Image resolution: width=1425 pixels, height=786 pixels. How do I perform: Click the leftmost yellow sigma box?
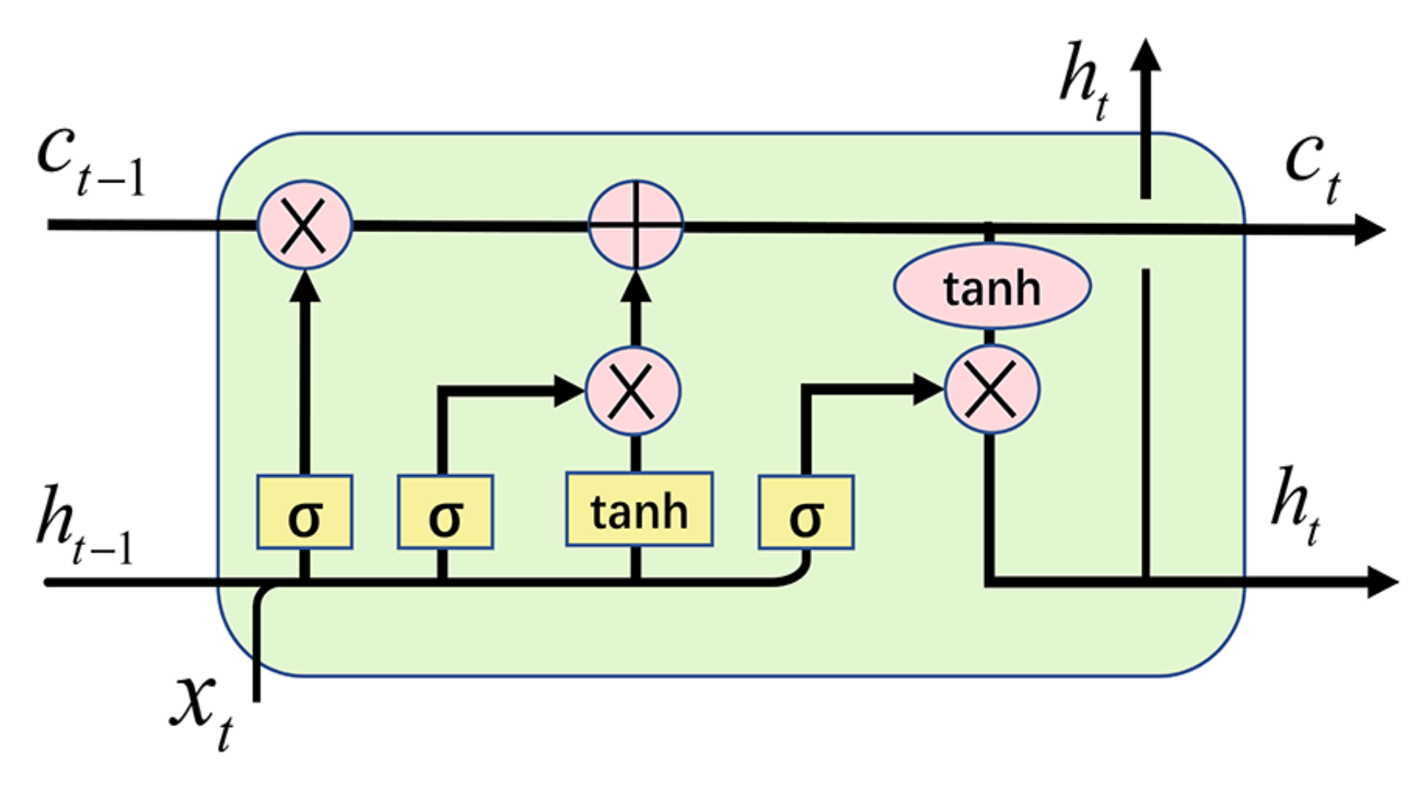click(304, 512)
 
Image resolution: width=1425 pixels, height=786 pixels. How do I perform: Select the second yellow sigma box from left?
click(445, 512)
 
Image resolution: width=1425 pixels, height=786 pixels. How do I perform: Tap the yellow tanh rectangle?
click(639, 509)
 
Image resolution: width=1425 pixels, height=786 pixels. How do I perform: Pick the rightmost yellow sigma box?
click(806, 512)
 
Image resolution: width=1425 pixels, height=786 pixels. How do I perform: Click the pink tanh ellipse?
click(992, 287)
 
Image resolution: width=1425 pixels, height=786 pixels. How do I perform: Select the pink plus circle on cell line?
click(636, 225)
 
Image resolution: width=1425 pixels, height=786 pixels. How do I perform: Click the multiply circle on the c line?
click(304, 225)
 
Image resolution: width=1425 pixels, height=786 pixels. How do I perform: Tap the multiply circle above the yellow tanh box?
click(633, 391)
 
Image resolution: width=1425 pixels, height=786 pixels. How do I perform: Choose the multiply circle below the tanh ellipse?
click(992, 390)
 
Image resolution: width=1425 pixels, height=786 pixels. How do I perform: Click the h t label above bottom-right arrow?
click(1295, 504)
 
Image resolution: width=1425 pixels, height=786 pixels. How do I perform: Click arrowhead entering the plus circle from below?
click(636, 286)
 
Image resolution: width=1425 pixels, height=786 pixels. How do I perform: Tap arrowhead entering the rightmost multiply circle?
click(928, 389)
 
